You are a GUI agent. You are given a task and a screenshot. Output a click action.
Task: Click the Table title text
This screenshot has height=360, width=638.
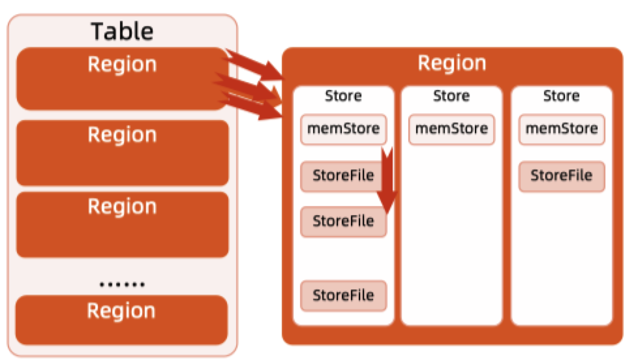point(122,31)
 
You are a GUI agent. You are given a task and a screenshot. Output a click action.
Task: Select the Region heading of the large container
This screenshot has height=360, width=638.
point(451,63)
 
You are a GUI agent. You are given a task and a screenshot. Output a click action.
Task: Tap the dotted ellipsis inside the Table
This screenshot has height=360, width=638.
point(122,285)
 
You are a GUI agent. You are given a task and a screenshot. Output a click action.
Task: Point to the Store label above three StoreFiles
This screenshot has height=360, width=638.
point(343,97)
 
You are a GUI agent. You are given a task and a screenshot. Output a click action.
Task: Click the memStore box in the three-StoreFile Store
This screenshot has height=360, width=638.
point(343,128)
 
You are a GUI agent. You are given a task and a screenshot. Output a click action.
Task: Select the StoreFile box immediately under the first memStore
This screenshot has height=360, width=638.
point(343,176)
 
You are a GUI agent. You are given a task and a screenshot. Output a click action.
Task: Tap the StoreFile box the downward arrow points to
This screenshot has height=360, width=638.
point(343,221)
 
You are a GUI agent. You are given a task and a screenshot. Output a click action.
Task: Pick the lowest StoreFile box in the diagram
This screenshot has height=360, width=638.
point(343,295)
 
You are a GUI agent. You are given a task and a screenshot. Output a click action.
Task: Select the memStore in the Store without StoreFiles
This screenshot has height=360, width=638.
point(451,128)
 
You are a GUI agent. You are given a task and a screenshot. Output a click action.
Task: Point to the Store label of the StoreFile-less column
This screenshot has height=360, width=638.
point(451,97)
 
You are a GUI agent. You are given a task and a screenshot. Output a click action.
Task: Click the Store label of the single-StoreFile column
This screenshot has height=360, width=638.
point(562,97)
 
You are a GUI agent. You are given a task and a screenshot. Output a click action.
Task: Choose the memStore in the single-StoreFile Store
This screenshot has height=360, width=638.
point(562,128)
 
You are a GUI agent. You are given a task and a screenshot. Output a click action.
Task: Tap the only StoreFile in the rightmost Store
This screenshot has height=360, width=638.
point(562,175)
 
